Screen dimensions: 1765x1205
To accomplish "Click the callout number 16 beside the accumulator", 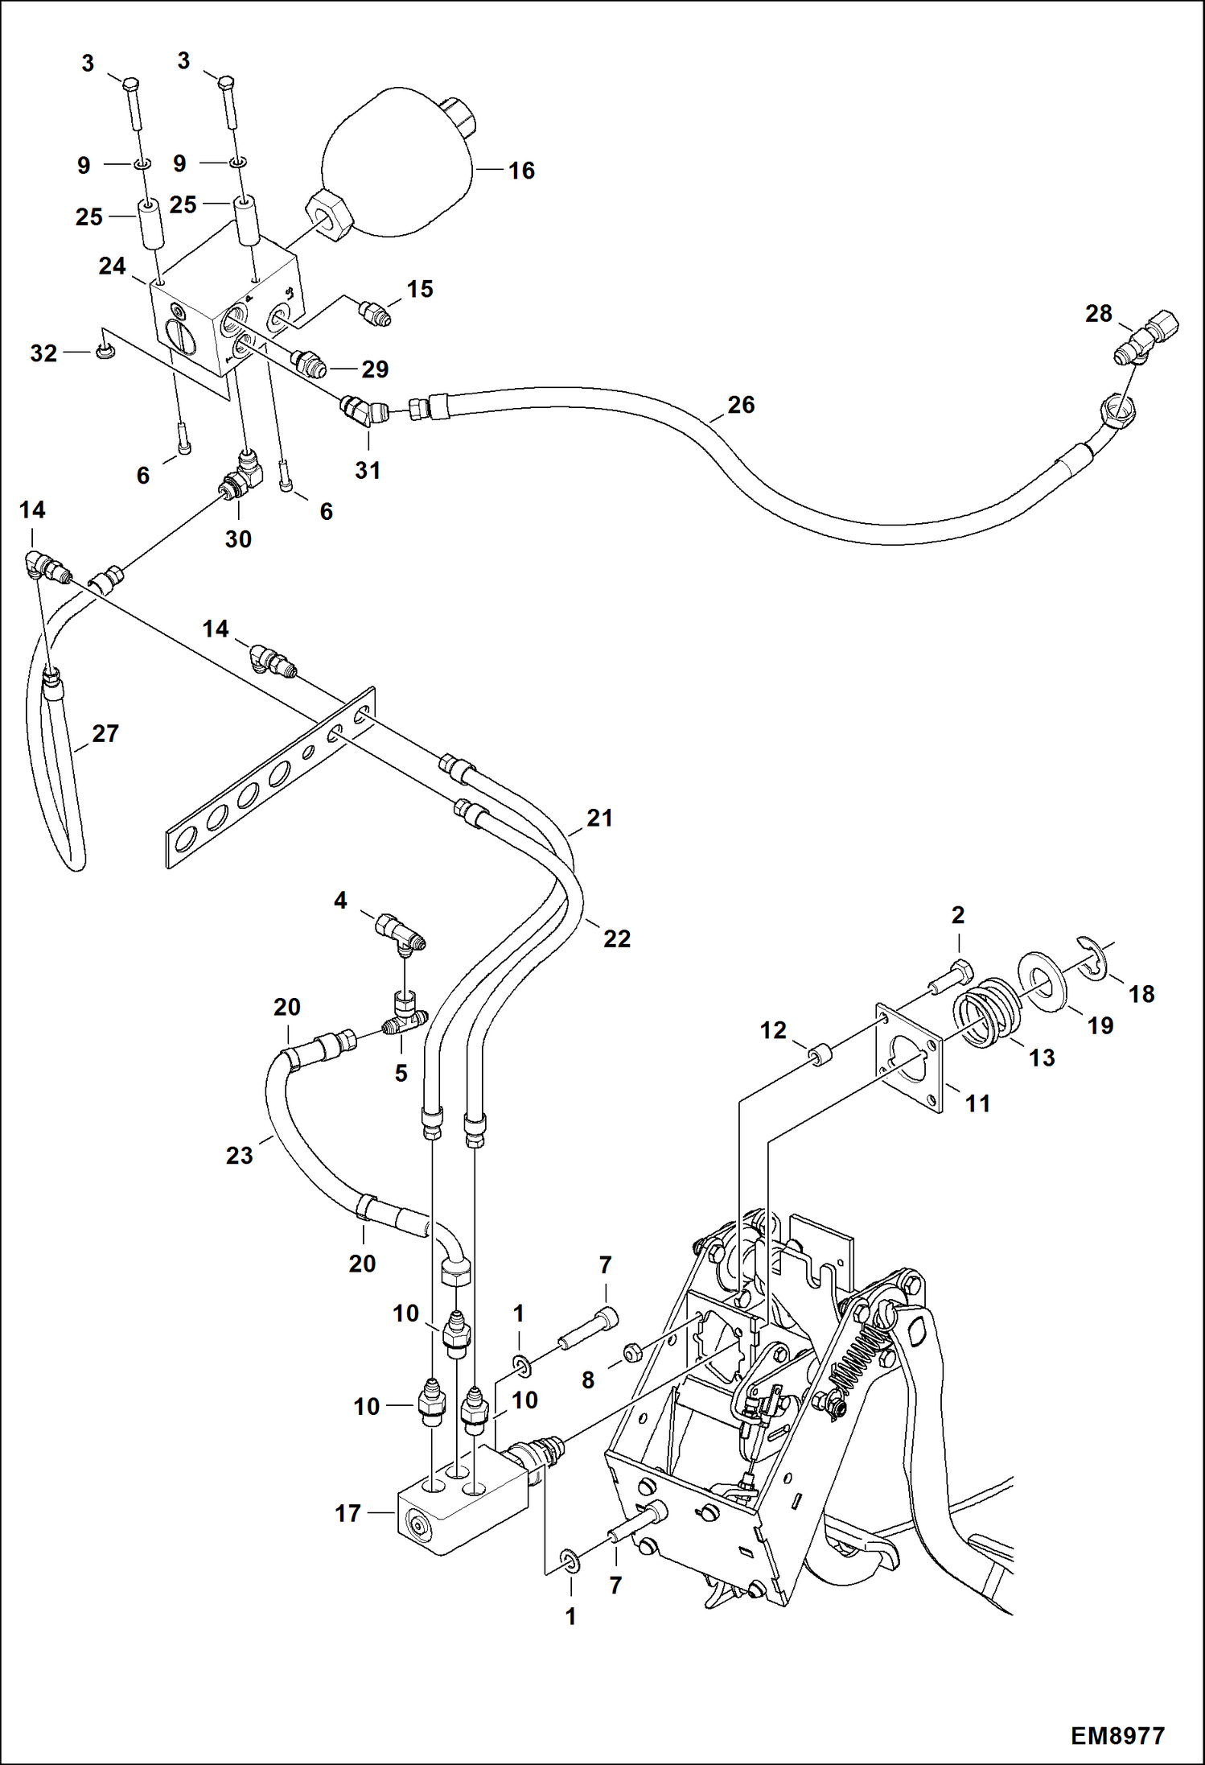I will [x=521, y=171].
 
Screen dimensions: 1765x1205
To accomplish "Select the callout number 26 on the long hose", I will [x=741, y=405].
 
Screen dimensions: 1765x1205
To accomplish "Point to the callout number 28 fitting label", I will [x=1098, y=314].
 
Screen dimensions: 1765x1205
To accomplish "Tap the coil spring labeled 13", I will [x=987, y=1011].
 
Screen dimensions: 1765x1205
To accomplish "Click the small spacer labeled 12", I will [x=819, y=1055].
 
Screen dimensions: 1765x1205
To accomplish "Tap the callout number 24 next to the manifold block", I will [x=112, y=266].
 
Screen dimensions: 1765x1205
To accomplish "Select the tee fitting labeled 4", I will [x=401, y=934].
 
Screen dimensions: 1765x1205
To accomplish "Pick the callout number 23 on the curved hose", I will [x=239, y=1156].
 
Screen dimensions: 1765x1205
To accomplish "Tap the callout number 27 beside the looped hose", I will [x=105, y=734].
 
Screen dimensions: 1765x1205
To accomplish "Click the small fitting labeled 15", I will [x=374, y=311].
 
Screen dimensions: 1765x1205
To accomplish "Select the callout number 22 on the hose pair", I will [x=617, y=938].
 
